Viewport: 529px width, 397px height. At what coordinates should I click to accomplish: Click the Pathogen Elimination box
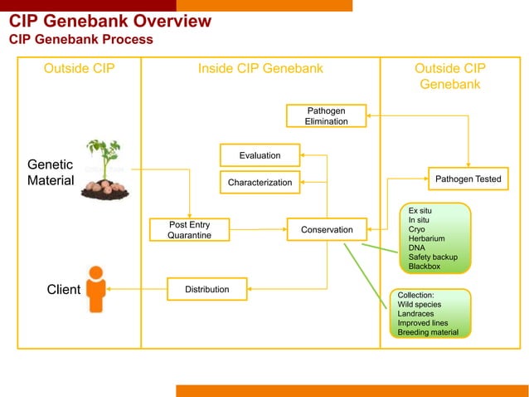(x=326, y=116)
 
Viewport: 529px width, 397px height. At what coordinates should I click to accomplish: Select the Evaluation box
(x=260, y=155)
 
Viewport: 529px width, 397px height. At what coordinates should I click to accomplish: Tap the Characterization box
(x=260, y=182)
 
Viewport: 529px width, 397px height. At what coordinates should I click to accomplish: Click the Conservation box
(x=327, y=229)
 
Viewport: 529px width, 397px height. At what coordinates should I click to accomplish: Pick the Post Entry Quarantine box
(x=189, y=230)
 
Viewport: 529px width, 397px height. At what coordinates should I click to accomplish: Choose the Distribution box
(x=206, y=289)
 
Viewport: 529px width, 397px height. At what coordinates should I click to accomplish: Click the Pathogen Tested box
(x=468, y=179)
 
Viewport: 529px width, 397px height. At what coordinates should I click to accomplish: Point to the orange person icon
(x=97, y=289)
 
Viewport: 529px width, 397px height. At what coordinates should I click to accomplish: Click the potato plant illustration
(x=104, y=170)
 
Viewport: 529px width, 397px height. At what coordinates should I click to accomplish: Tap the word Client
(x=63, y=290)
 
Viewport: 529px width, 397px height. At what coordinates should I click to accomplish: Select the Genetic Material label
(x=51, y=172)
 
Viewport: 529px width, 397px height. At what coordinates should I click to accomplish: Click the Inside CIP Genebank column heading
(x=260, y=68)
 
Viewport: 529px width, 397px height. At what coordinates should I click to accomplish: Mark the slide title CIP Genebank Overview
(x=110, y=21)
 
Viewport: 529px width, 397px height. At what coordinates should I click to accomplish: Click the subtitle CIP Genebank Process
(x=80, y=39)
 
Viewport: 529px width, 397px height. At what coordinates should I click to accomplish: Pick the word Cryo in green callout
(x=418, y=229)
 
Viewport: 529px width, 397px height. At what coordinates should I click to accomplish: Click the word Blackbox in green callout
(x=425, y=267)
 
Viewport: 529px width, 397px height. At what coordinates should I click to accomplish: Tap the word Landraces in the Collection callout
(x=417, y=314)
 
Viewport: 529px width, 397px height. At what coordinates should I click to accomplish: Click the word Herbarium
(x=426, y=238)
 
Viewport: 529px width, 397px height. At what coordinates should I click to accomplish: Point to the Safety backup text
(x=433, y=257)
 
